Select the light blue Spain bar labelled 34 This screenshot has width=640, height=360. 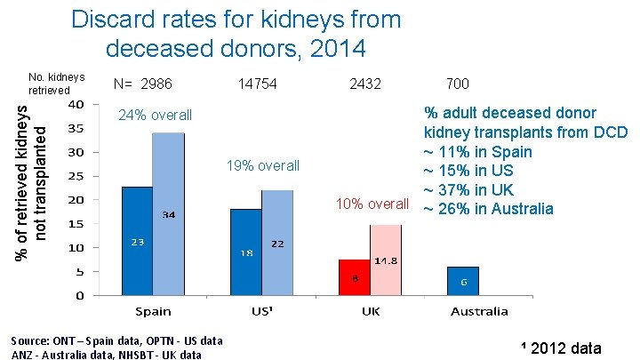(x=168, y=213)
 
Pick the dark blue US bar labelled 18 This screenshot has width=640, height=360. (x=245, y=252)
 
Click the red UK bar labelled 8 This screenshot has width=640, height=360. (x=354, y=276)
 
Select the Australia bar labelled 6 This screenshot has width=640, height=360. (x=462, y=280)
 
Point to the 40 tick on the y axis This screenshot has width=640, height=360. (x=77, y=104)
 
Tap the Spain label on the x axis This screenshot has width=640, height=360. (x=154, y=311)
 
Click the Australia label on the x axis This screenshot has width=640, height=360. (x=478, y=311)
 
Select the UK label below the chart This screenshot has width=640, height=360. (x=371, y=311)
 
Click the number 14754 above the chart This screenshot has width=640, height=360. (x=258, y=84)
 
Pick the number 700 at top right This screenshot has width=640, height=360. (x=458, y=84)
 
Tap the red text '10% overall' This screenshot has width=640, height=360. (x=372, y=204)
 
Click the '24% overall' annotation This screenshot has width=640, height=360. (x=156, y=116)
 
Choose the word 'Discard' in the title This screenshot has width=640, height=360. (x=111, y=19)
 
